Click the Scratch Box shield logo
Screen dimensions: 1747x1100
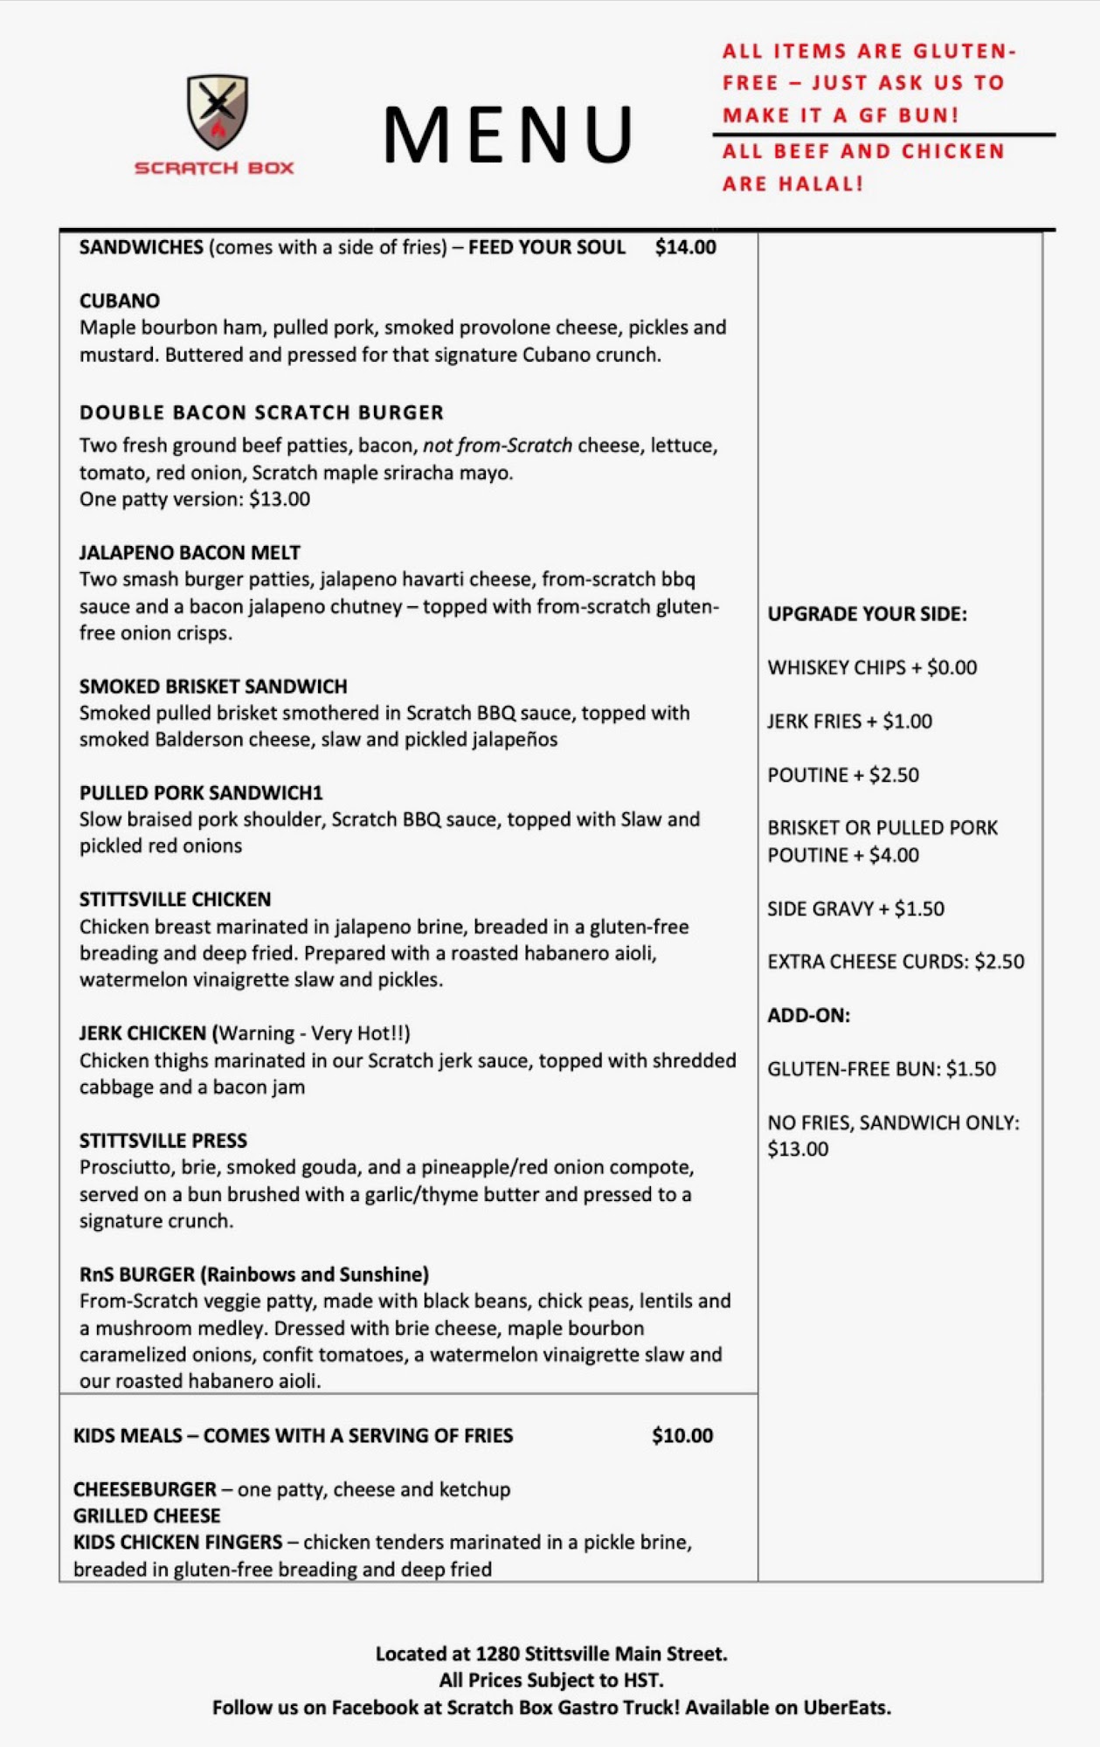[x=218, y=111]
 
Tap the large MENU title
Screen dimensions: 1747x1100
[x=508, y=135]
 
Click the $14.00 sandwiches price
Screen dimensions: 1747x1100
[x=685, y=247]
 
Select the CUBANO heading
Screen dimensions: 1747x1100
[x=120, y=300]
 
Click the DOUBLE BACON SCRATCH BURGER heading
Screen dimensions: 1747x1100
[x=261, y=412]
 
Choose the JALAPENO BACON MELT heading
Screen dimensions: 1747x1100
[x=190, y=552]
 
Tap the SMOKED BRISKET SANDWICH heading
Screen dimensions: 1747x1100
[x=213, y=686]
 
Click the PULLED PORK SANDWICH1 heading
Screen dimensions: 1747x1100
[x=201, y=792]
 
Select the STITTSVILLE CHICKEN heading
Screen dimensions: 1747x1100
[x=175, y=899]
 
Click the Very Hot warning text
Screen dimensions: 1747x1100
[x=313, y=1032]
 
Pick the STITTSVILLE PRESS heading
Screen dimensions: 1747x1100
[x=163, y=1140]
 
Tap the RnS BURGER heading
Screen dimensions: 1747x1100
[x=254, y=1274]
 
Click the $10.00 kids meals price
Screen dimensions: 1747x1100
[x=682, y=1435]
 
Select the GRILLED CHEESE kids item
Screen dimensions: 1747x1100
[x=147, y=1515]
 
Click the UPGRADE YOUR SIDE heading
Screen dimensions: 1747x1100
[x=867, y=613]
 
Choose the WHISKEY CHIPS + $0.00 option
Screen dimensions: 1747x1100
[x=872, y=667]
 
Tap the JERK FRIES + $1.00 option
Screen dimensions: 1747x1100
[x=849, y=721]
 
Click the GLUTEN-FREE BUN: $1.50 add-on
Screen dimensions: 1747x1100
[x=882, y=1068]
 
